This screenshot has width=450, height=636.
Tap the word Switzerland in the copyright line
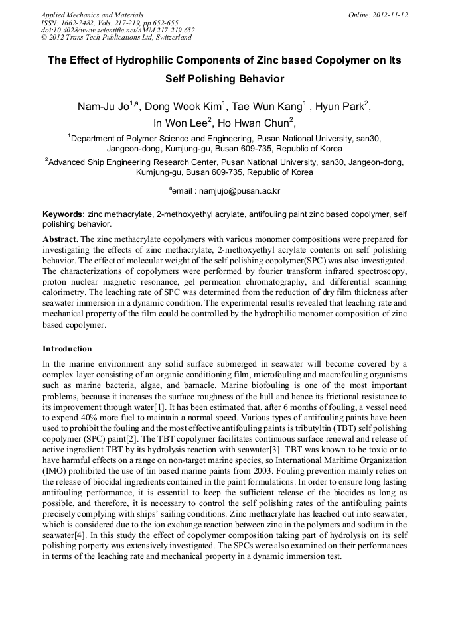(169, 38)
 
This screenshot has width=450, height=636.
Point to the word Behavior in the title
(258, 79)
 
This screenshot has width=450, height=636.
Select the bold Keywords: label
(63, 214)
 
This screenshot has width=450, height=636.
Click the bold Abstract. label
(60, 237)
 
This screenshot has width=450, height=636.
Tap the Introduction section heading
(67, 348)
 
